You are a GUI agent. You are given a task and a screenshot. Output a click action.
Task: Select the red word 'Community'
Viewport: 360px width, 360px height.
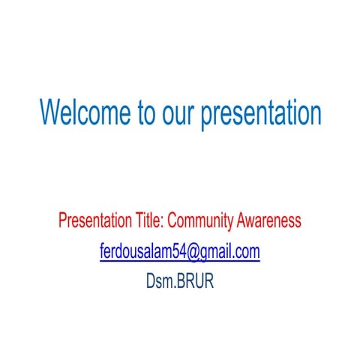pos(202,221)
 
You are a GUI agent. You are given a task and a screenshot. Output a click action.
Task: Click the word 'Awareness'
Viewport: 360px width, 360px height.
pos(269,221)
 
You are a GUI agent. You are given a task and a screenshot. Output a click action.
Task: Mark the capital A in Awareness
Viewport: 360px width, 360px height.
pos(241,221)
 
